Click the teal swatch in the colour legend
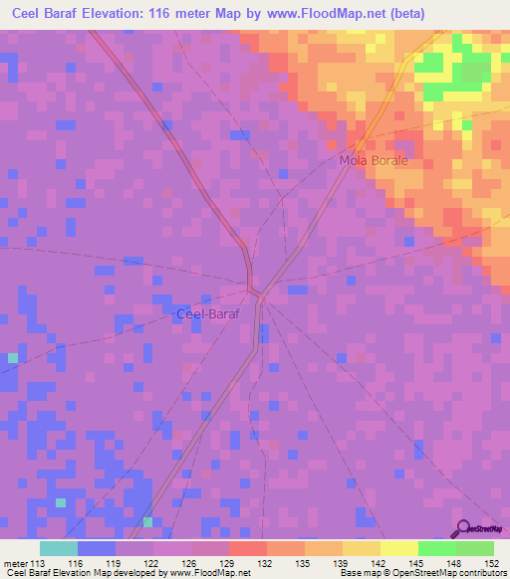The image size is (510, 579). tap(59, 548)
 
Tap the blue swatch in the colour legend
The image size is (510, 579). tap(97, 548)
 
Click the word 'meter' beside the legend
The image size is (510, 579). tap(15, 563)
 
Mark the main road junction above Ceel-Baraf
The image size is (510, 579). tap(255, 290)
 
